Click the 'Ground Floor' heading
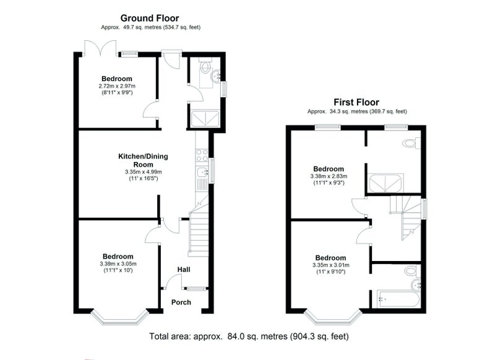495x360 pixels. [150, 19]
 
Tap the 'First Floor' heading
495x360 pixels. [356, 102]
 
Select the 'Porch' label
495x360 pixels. [181, 302]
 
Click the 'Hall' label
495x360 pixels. [184, 270]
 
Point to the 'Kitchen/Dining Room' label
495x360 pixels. [144, 160]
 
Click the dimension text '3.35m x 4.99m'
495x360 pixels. [144, 172]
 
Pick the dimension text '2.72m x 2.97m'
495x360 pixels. [117, 86]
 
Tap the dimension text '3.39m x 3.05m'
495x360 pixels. [118, 264]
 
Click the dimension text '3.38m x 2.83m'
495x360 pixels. [329, 176]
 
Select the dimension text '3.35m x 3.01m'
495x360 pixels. [331, 265]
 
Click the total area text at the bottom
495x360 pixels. [249, 336]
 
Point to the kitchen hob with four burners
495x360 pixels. [202, 155]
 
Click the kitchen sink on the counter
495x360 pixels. [202, 173]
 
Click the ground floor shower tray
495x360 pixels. [205, 118]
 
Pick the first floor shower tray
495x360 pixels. [385, 183]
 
